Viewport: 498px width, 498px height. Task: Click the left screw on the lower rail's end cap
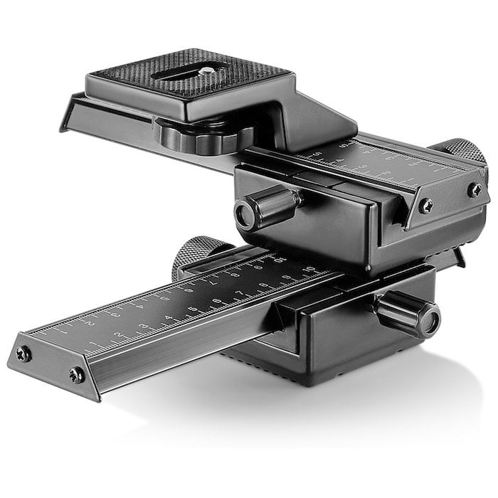click(25, 354)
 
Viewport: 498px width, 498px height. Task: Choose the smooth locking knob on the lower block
click(409, 312)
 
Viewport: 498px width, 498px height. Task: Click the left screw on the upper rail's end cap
click(425, 206)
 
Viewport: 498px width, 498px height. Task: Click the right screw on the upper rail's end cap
click(474, 189)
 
